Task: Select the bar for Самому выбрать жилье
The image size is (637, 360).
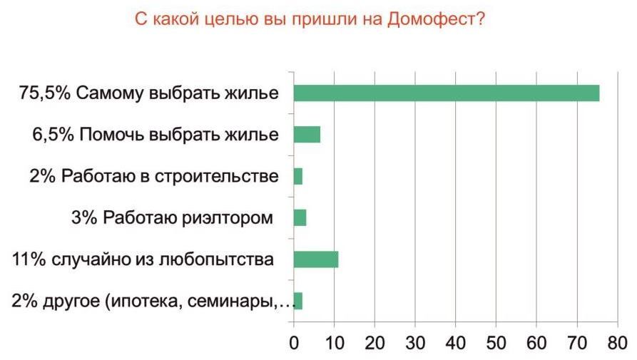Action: pyautogui.click(x=446, y=93)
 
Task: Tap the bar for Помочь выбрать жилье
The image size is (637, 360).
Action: pyautogui.click(x=307, y=135)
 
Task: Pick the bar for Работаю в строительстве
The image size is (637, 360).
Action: pyautogui.click(x=298, y=176)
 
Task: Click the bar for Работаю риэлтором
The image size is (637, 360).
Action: pyautogui.click(x=300, y=217)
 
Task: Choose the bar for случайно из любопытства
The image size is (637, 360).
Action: pyautogui.click(x=316, y=259)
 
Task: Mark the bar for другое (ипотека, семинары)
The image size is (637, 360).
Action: pyautogui.click(x=298, y=301)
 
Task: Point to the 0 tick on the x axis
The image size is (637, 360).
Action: pyautogui.click(x=294, y=343)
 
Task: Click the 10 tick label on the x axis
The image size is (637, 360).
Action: pyautogui.click(x=334, y=343)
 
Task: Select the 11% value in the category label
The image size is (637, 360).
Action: pyautogui.click(x=29, y=259)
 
